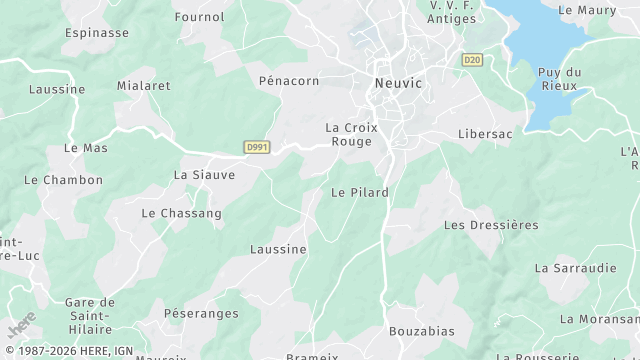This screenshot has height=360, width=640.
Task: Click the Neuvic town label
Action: (x=398, y=84)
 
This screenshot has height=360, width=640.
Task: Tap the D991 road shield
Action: (x=257, y=147)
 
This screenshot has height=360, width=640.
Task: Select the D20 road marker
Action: (x=472, y=61)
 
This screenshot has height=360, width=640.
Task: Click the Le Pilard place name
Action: (x=359, y=192)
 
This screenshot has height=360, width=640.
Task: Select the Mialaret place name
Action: (x=144, y=86)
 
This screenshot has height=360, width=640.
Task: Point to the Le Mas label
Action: (x=85, y=148)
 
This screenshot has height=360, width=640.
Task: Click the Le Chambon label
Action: (x=64, y=180)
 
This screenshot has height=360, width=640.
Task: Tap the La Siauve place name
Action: (x=204, y=174)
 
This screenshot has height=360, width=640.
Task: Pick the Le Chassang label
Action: (x=181, y=213)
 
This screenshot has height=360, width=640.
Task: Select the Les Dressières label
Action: (x=491, y=225)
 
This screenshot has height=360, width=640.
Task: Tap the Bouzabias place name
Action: (x=420, y=330)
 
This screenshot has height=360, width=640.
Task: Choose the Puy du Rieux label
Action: (x=560, y=79)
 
